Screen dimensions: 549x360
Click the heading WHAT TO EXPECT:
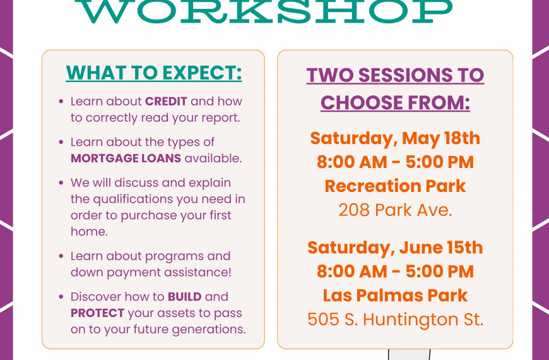154,73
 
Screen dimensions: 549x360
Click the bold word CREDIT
166,101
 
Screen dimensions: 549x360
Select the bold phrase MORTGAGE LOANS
126,159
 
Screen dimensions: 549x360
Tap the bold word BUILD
184,297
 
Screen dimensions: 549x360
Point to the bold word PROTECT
97,313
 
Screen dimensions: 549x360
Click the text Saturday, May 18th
395,138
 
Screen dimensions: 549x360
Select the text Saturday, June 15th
395,248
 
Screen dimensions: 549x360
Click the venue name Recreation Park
395,186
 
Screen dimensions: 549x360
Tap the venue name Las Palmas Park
395,295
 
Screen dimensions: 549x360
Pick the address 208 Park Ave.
395,210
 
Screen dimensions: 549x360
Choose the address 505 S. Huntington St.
395,320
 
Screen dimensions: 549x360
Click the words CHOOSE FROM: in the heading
395,103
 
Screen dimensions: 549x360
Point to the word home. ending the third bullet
89,232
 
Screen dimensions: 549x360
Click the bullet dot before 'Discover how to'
61,297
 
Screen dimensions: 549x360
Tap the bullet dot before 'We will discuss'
61,183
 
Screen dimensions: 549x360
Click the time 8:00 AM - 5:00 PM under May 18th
395,162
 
